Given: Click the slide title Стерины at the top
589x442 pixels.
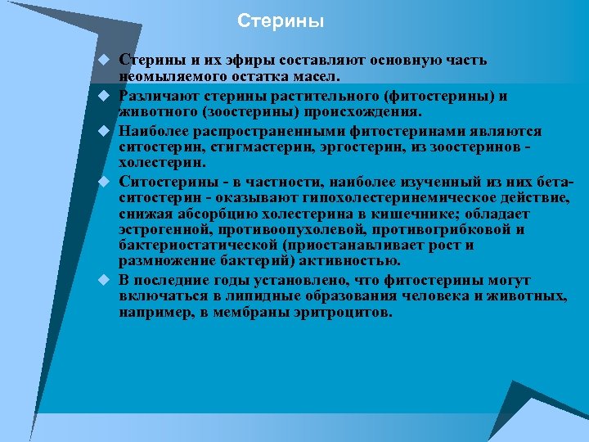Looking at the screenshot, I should point(281,20).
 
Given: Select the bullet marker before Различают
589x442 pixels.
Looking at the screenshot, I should point(104,96).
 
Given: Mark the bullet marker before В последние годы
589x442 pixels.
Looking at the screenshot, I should point(104,280).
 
